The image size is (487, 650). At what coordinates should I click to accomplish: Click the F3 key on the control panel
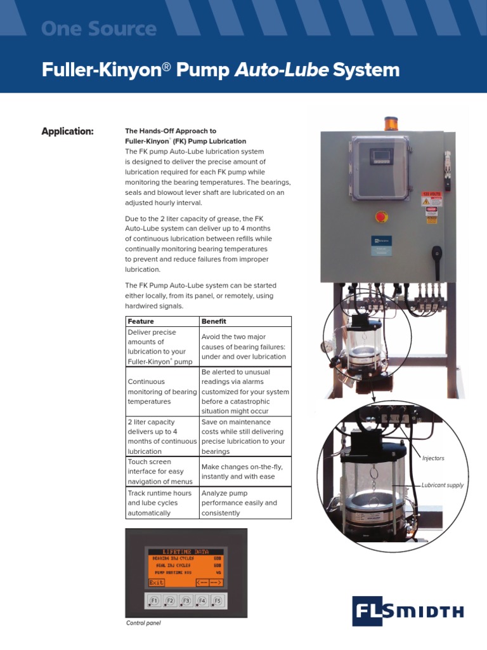(x=186, y=599)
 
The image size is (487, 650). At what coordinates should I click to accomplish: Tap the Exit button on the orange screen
(x=157, y=582)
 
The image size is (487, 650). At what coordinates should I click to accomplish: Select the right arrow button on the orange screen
(x=216, y=582)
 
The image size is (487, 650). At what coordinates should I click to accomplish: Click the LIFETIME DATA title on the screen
(x=185, y=552)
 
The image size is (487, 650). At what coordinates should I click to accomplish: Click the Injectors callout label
(x=434, y=458)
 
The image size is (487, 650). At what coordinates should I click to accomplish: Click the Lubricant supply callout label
(x=443, y=486)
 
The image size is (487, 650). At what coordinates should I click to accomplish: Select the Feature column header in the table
(x=141, y=321)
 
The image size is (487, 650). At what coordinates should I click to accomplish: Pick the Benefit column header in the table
(x=214, y=321)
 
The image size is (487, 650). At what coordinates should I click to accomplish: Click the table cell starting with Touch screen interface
(x=162, y=472)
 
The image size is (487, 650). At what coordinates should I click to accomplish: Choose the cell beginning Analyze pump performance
(x=245, y=503)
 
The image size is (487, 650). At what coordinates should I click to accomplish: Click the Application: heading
(x=67, y=131)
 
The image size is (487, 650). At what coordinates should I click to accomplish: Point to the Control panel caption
(x=143, y=623)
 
